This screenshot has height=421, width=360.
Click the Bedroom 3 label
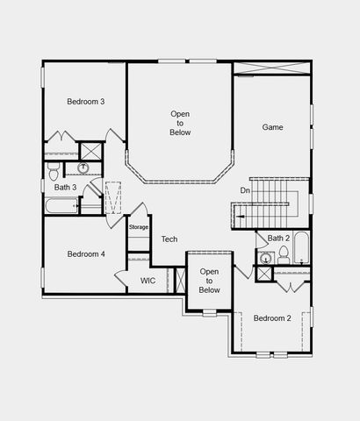(x=85, y=102)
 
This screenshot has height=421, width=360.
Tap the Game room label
(x=272, y=127)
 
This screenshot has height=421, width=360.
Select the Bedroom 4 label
(x=85, y=253)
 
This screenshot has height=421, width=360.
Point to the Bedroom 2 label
(x=271, y=318)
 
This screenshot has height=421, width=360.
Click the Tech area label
(x=169, y=239)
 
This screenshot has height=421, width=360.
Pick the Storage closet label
(x=139, y=227)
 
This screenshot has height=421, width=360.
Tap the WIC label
(x=148, y=281)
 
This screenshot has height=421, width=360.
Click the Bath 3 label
(x=65, y=187)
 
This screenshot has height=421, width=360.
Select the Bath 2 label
(x=278, y=238)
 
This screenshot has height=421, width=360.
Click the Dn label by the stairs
(x=245, y=190)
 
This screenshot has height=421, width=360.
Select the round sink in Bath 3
(x=83, y=168)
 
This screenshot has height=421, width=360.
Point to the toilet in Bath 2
(x=284, y=255)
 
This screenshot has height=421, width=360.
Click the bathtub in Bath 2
(x=301, y=247)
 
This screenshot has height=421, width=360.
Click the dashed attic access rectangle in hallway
(x=113, y=198)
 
